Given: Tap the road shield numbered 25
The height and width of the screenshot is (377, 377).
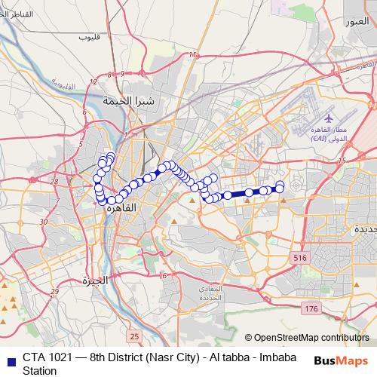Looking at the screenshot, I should (134, 336).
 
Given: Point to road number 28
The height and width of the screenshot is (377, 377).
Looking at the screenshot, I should (54, 182).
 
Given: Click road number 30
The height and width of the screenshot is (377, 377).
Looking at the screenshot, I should (43, 222).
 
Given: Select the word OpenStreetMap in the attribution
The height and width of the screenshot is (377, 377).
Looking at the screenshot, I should (291, 338).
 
